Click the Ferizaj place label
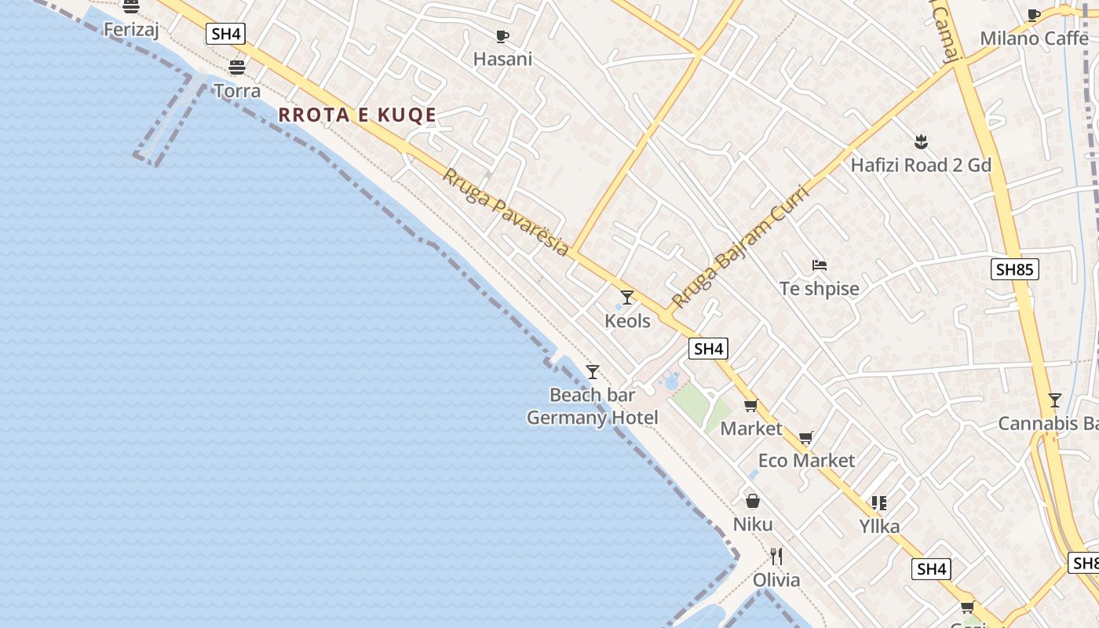pyautogui.click(x=131, y=29)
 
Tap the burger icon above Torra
pyautogui.click(x=237, y=67)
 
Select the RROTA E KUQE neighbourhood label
pyautogui.click(x=357, y=115)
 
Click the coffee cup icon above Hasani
pyautogui.click(x=502, y=36)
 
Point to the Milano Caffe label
pyautogui.click(x=1034, y=38)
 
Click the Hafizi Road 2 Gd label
pyautogui.click(x=921, y=166)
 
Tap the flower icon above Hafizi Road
pyautogui.click(x=922, y=142)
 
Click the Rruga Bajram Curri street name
pyautogui.click(x=739, y=246)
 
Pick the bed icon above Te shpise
pyautogui.click(x=820, y=265)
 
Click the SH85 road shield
pyautogui.click(x=1013, y=270)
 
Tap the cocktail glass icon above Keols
pyautogui.click(x=627, y=298)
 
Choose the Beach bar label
pyautogui.click(x=592, y=395)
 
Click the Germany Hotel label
pyautogui.click(x=592, y=418)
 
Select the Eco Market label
pyautogui.click(x=806, y=461)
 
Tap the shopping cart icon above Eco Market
pyautogui.click(x=806, y=438)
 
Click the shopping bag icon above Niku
pyautogui.click(x=753, y=501)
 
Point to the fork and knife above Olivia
pyautogui.click(x=776, y=557)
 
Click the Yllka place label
pyautogui.click(x=879, y=526)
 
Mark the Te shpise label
pyautogui.click(x=820, y=289)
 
